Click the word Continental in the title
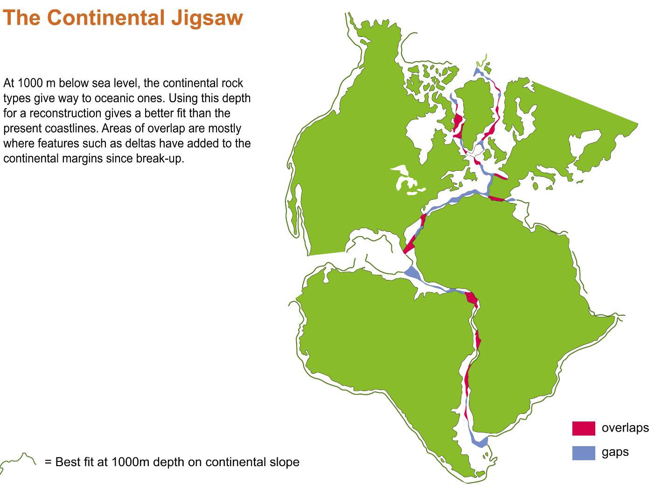[106, 17]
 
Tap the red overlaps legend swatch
[583, 428]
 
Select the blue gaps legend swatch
[583, 453]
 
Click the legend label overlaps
[625, 428]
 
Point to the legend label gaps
[615, 453]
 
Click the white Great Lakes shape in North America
[407, 180]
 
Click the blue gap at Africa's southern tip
[479, 440]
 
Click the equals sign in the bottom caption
[49, 462]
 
